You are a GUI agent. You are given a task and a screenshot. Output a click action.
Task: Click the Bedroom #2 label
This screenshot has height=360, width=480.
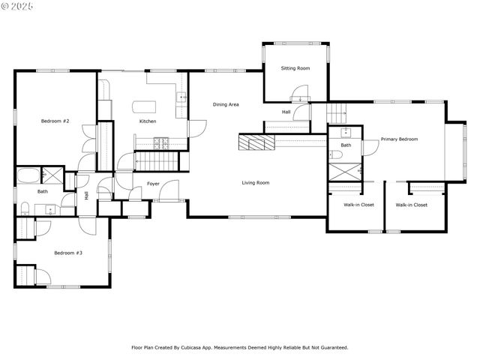pos(55,121)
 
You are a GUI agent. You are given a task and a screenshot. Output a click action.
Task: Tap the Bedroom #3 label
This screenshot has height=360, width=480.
pos(68,253)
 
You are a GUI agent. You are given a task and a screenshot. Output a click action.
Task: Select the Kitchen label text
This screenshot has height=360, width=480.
pos(148,121)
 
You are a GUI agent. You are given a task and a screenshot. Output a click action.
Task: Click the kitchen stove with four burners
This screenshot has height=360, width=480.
pos(160,141)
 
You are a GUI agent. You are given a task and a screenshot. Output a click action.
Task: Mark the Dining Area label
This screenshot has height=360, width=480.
pos(226,104)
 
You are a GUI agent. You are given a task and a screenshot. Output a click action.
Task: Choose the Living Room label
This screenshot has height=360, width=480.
pos(255,182)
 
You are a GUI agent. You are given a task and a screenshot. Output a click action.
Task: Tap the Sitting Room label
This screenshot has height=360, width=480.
pos(295,68)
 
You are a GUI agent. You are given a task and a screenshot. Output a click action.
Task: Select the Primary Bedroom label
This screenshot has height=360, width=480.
pos(399,139)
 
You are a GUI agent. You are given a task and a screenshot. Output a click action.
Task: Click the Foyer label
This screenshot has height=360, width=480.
pos(153,183)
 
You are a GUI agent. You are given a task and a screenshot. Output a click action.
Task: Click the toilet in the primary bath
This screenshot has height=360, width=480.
pos(337,154)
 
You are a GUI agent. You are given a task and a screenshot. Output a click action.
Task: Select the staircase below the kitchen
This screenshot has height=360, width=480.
pos(157,160)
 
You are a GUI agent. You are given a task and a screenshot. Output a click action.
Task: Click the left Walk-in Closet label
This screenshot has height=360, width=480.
pos(359,204)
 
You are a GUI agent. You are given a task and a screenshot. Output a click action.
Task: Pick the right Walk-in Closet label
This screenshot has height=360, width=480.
pos(412,204)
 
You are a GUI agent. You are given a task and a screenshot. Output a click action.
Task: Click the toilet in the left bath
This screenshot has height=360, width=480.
pos(25,207)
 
